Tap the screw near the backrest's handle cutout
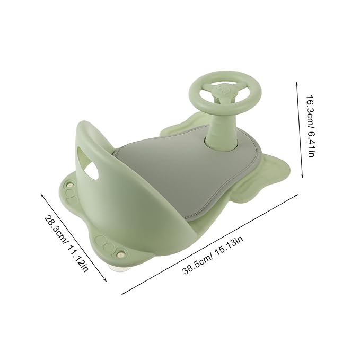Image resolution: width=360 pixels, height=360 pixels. (69, 186)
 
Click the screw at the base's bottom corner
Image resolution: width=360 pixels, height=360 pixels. (121, 255)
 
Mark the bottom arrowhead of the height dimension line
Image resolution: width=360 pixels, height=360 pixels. (302, 178)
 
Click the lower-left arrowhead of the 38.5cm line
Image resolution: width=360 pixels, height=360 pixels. (124, 293)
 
